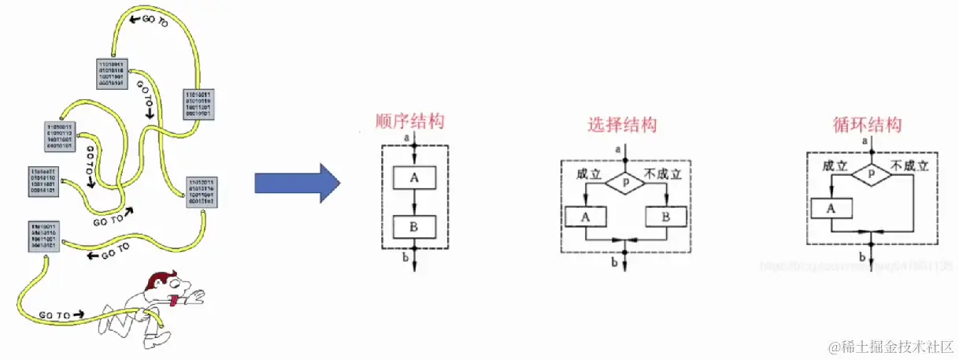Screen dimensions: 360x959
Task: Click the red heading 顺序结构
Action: (x=410, y=121)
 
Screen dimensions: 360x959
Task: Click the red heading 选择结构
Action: (x=622, y=124)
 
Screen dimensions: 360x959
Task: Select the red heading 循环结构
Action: (x=867, y=124)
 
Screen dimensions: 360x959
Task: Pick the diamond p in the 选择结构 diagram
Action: (x=626, y=180)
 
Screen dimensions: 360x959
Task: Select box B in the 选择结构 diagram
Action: (x=665, y=215)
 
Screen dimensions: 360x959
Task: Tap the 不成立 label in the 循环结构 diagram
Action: (x=909, y=167)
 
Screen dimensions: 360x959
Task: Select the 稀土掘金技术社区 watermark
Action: (x=888, y=346)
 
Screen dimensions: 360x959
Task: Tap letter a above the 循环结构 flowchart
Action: (x=865, y=141)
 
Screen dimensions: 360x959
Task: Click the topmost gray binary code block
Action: (x=111, y=71)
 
